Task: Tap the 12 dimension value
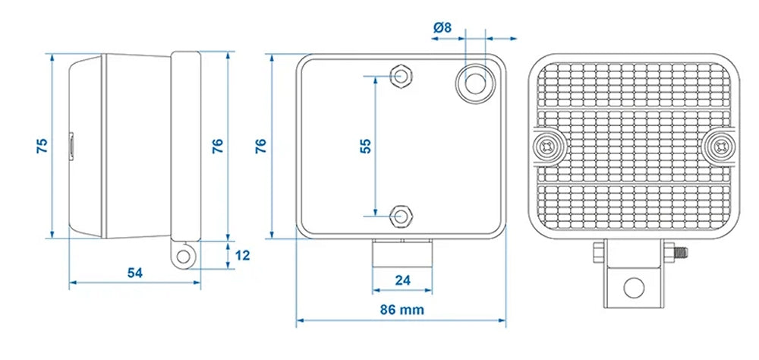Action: [x=243, y=256]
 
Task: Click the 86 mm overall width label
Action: [x=402, y=309]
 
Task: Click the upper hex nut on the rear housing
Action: [x=400, y=77]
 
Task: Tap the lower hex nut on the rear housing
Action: [x=400, y=216]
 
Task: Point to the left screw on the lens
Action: [x=547, y=146]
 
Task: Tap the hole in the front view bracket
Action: [x=634, y=288]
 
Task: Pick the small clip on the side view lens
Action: [x=71, y=145]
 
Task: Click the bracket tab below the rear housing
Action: [x=402, y=252]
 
